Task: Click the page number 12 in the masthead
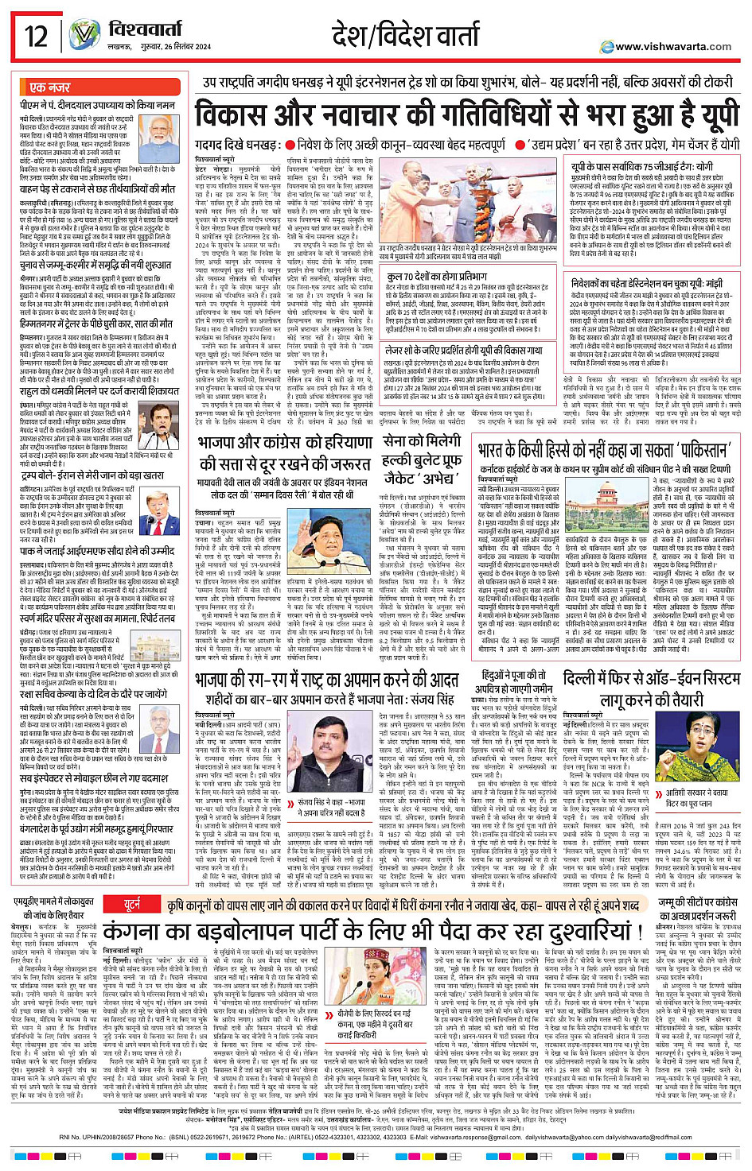36,36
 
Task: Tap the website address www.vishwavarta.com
672,47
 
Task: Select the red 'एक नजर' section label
49,87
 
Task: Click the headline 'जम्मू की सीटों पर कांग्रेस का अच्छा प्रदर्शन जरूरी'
698,886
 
